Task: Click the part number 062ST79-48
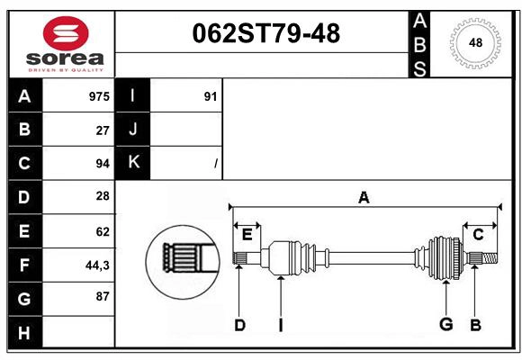point(266,34)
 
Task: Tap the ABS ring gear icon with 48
point(473,42)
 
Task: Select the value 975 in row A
point(99,96)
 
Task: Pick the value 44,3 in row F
point(97,265)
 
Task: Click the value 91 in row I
point(211,96)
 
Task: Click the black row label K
point(133,163)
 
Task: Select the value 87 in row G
point(101,297)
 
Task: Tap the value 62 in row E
point(102,231)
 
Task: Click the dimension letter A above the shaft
point(364,197)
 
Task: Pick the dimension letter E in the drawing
point(247,235)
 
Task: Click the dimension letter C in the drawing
point(478,235)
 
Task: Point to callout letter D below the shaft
point(239,325)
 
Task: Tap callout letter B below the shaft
point(475,325)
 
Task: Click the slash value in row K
point(215,164)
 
